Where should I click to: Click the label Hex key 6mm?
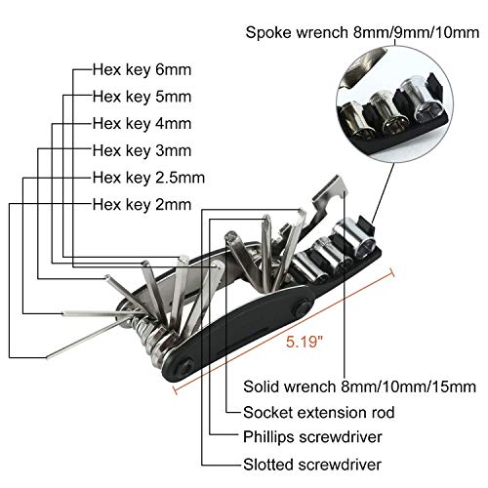[x=142, y=70]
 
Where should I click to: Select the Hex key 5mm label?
[x=142, y=97]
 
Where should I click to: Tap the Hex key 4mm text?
[x=142, y=124]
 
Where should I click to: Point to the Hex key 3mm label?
[x=142, y=150]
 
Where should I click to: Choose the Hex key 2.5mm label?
[x=148, y=178]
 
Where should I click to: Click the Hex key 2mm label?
[x=142, y=205]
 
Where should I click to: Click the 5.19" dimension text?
[x=305, y=342]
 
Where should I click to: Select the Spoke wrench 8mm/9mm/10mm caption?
[x=362, y=32]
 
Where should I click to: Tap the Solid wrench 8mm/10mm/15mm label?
[x=359, y=386]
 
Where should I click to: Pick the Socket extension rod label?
[x=319, y=412]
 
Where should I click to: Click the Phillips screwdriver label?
[x=312, y=437]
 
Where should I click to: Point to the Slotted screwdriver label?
[x=312, y=465]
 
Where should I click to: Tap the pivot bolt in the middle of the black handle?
[x=303, y=308]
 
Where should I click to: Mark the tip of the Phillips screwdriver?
[x=266, y=217]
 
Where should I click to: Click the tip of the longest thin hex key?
[x=48, y=357]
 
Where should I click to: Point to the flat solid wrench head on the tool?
[x=330, y=192]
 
